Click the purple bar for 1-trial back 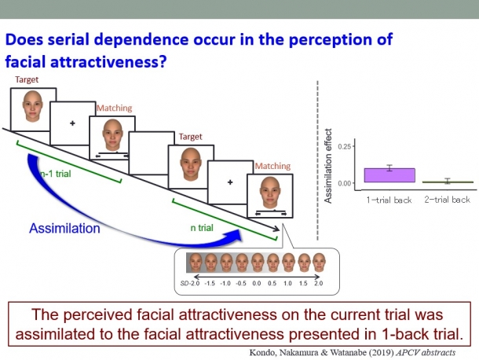tap(389, 175)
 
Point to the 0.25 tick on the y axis tap(353, 146)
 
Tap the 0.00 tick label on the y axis tap(344, 183)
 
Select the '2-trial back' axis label tap(447, 200)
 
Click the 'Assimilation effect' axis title tap(327, 166)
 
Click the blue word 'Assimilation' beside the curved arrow tap(64, 229)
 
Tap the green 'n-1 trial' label tap(56, 174)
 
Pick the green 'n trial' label tap(202, 228)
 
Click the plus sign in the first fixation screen tap(72, 123)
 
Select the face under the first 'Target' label tap(33, 106)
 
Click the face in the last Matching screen tap(270, 193)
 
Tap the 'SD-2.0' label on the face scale tap(190, 283)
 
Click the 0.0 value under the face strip tap(257, 283)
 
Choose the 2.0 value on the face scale tap(318, 283)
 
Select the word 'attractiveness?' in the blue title tap(108, 62)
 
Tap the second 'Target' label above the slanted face tap(190, 137)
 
